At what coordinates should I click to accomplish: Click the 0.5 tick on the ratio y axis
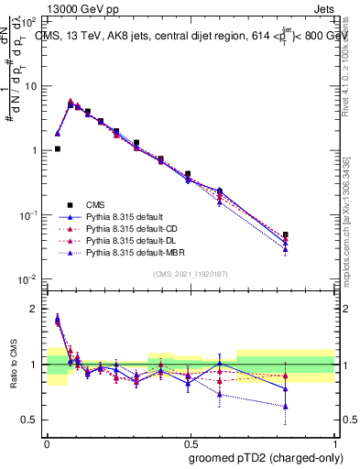tap(31, 420)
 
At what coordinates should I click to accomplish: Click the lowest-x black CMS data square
tap(57, 148)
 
